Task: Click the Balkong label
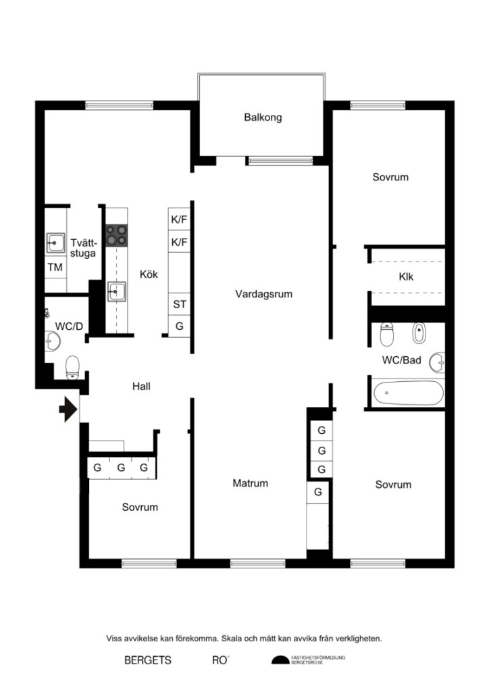point(263,117)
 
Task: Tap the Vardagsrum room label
point(263,294)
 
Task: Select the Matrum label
point(250,483)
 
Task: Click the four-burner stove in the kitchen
point(117,234)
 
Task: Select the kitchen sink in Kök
point(116,293)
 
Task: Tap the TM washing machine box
point(55,268)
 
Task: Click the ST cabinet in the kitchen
point(179,304)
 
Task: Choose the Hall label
point(141,387)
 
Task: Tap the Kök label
point(149,274)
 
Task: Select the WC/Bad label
point(401,360)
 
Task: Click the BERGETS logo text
point(148,660)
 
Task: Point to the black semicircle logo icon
point(280,660)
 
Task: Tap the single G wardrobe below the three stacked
point(317,492)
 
